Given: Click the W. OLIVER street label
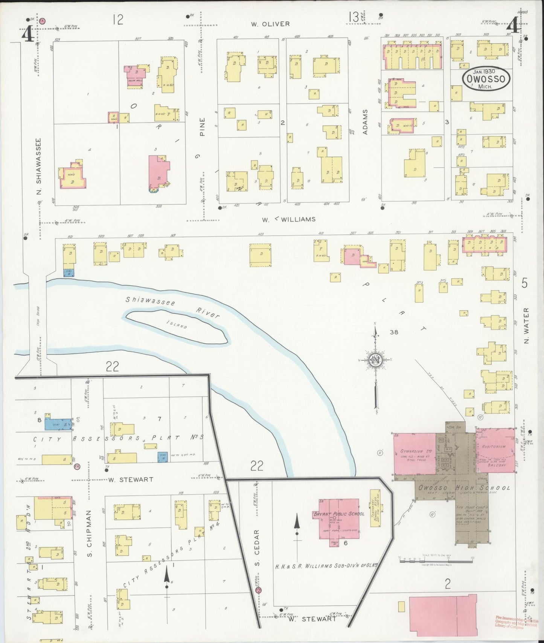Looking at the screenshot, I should (x=270, y=24).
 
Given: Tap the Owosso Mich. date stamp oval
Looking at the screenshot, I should (x=486, y=79).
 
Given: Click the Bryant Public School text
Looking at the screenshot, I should (x=338, y=514).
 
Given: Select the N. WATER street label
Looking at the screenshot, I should (x=526, y=326).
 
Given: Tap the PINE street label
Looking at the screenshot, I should (x=202, y=127).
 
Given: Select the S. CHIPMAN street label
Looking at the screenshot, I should (x=89, y=533).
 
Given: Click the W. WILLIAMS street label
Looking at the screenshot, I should (x=288, y=219).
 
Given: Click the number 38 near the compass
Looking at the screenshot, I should (x=394, y=332).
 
